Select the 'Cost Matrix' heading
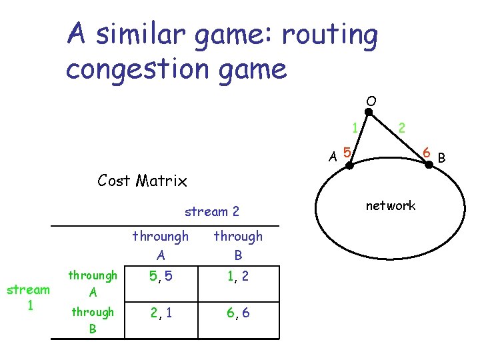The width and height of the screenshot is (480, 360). point(142,180)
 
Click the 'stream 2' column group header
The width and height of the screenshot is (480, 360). point(211,212)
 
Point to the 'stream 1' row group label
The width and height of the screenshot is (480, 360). point(27,297)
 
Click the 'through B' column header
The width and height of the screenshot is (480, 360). point(238,245)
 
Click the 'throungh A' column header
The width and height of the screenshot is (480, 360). point(160,245)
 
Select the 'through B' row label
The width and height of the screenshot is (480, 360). point(92,321)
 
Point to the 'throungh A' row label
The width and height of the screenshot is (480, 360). point(93,283)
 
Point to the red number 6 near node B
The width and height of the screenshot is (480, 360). point(425,154)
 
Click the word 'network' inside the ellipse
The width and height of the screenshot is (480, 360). point(391,206)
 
